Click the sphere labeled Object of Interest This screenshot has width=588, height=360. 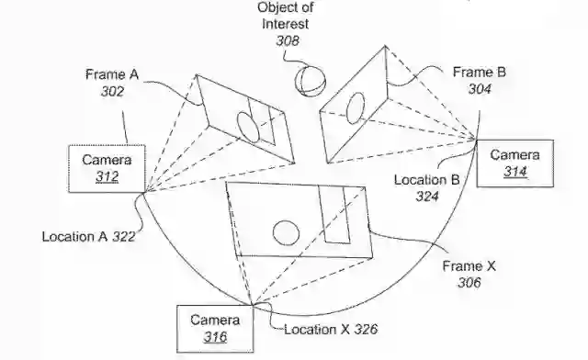click(310, 82)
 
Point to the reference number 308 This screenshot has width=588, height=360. click(288, 40)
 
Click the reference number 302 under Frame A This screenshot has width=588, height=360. click(112, 91)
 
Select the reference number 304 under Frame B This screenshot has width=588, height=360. click(480, 89)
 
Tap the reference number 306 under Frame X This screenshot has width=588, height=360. click(469, 282)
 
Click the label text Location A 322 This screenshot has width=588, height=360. click(88, 237)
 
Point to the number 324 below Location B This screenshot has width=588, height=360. click(427, 197)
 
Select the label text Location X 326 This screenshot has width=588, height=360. click(331, 330)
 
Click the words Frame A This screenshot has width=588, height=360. click(112, 74)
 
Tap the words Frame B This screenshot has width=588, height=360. click(480, 72)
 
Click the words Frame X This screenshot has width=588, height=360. click(469, 266)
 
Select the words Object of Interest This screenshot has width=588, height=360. click(286, 15)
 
